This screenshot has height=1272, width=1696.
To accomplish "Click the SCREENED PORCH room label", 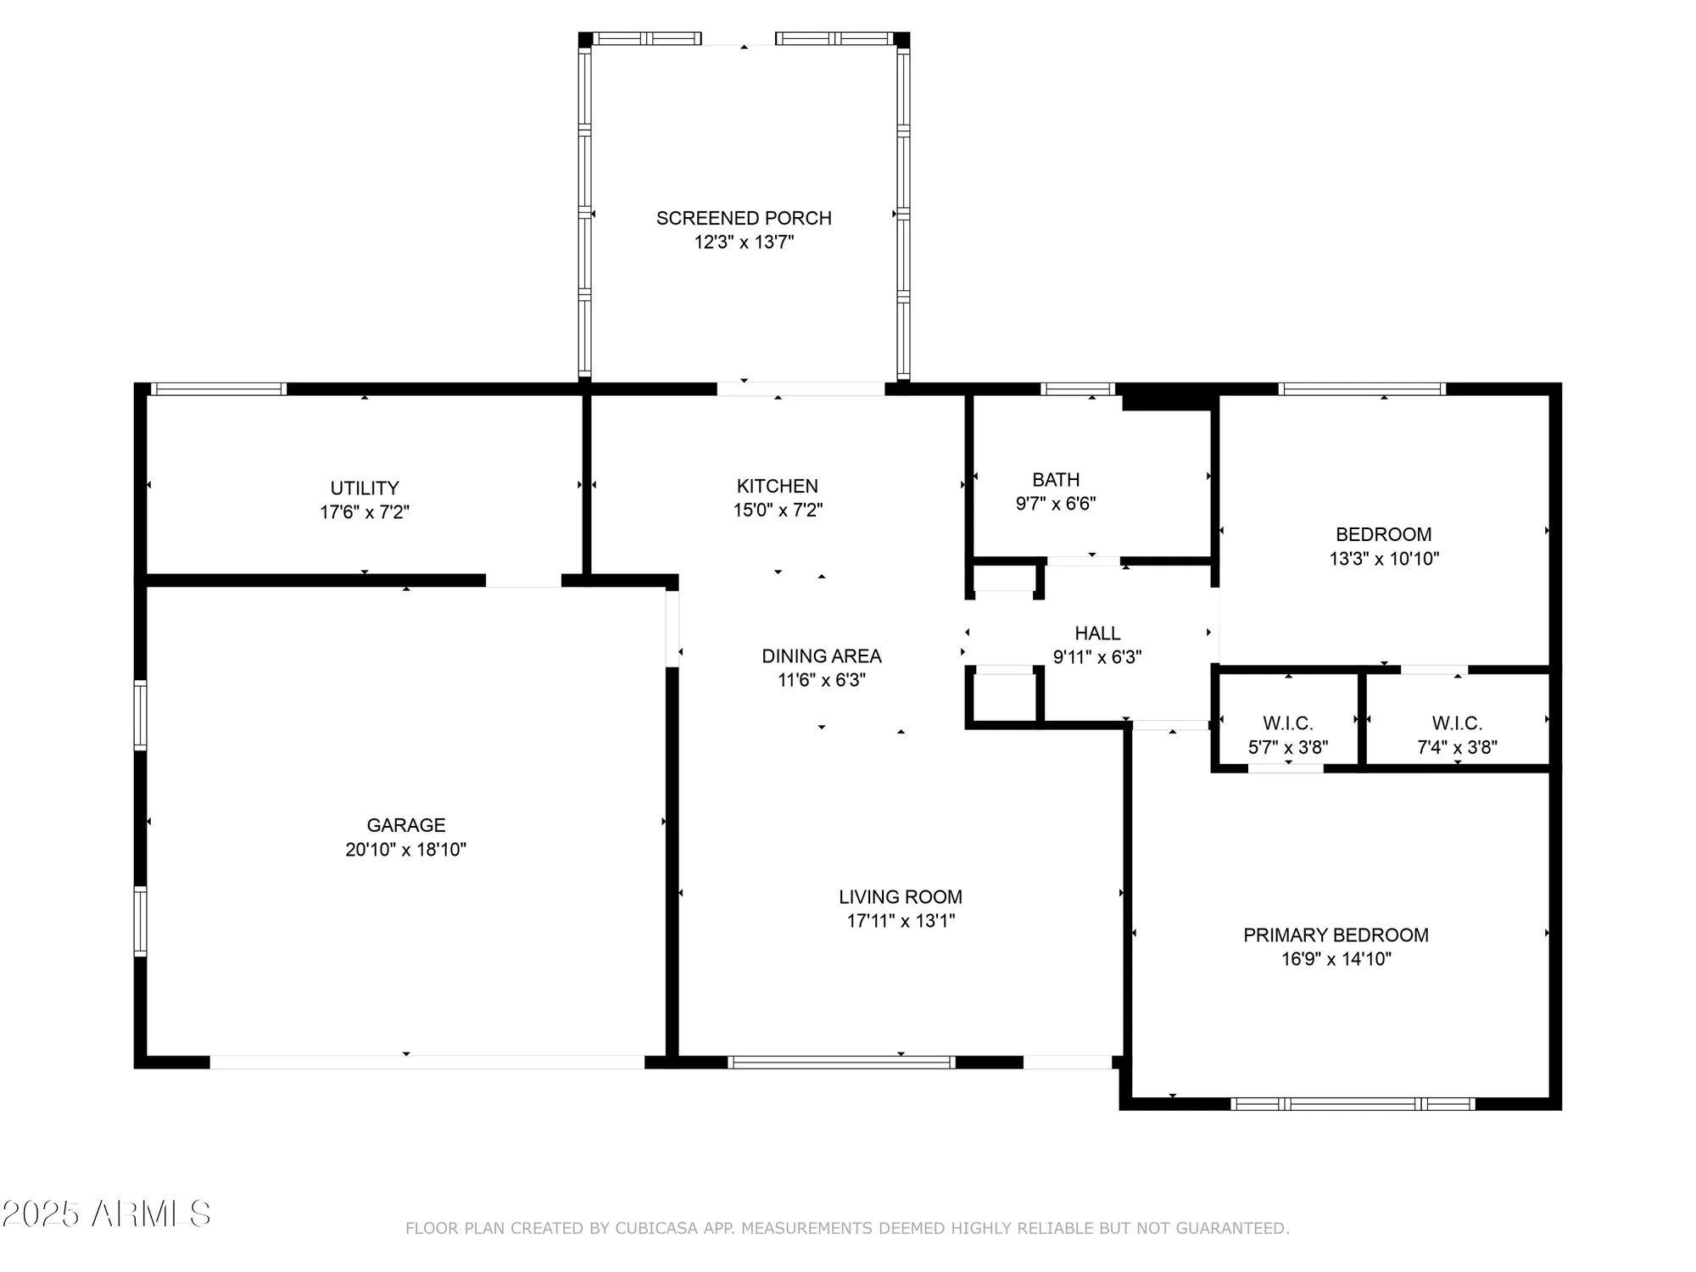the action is click(x=744, y=218).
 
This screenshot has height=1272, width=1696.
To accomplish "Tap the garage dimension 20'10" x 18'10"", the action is click(x=405, y=850).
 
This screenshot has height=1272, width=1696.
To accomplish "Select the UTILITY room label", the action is click(x=365, y=488).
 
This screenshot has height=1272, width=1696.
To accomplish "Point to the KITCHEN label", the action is click(x=777, y=486).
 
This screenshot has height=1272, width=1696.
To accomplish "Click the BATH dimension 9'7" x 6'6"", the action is click(x=1056, y=504).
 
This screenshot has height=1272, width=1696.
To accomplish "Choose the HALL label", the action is click(x=1097, y=633).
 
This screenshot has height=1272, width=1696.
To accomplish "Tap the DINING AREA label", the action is click(x=821, y=656).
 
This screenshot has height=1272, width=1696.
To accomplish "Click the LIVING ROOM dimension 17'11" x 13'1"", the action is click(x=901, y=921).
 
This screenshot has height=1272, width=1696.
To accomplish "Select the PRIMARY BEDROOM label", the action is click(x=1336, y=934).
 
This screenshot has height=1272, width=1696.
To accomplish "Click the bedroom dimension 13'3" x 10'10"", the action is click(x=1384, y=559).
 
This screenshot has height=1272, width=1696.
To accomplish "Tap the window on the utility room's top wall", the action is click(x=219, y=389).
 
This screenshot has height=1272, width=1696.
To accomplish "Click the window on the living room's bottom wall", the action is click(x=841, y=1062).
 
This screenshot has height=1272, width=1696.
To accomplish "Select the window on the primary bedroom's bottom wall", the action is click(x=1353, y=1103).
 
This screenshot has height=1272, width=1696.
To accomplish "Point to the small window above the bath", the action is click(x=1078, y=389).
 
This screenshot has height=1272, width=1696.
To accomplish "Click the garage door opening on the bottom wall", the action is click(x=427, y=1062).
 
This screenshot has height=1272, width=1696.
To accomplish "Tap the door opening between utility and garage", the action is click(x=523, y=581).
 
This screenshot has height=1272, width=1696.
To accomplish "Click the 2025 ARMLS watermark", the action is click(x=106, y=1214).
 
